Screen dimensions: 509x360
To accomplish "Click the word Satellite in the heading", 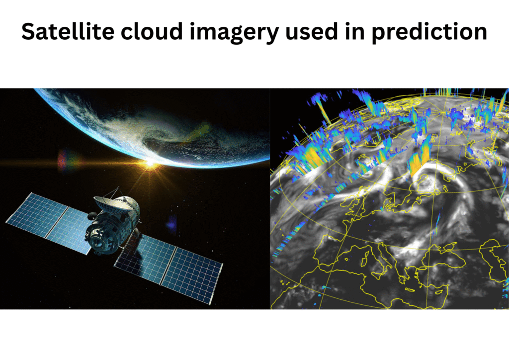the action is click(x=68, y=31).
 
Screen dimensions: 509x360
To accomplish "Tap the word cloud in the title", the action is click(x=152, y=31).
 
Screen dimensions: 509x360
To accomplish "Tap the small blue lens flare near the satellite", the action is click(x=171, y=224).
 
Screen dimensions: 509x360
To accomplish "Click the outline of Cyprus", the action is click(x=439, y=292).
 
